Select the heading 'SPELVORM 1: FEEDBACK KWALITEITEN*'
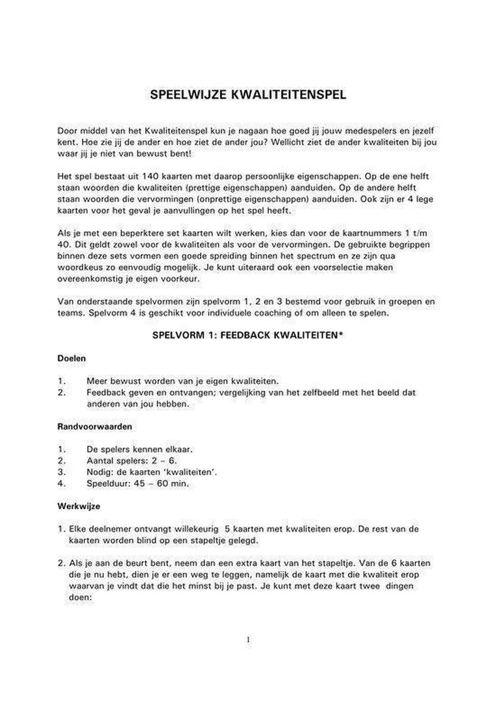(247, 336)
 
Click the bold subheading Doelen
(71, 357)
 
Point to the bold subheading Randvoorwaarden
(94, 426)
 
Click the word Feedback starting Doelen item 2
(106, 392)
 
